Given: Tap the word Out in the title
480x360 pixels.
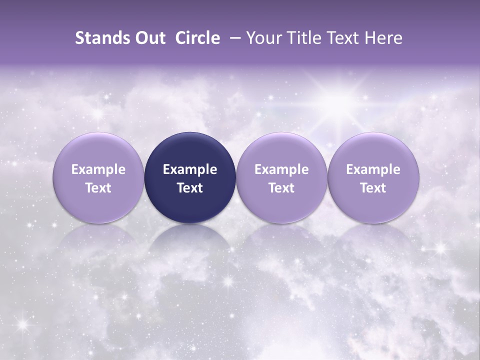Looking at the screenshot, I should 149,38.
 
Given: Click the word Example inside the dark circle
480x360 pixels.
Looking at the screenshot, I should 190,169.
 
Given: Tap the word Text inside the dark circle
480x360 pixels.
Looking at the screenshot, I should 190,188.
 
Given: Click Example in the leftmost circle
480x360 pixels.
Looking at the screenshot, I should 98,169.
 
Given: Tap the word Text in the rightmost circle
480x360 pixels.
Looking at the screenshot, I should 373,188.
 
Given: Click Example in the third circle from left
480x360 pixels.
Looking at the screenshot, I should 281,169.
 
